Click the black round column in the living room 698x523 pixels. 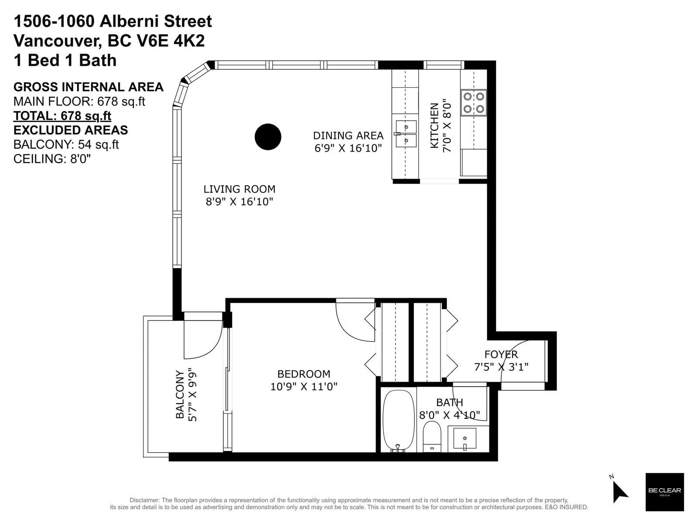coord(268,136)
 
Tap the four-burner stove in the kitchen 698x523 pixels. coord(473,102)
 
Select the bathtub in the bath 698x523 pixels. coord(398,421)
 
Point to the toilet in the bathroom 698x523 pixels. coord(432,436)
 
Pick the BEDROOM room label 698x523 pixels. coord(304,374)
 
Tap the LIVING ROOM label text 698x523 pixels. coord(240,189)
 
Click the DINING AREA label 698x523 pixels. coord(348,136)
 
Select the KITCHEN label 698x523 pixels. coord(434,126)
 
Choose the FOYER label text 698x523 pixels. coord(501,354)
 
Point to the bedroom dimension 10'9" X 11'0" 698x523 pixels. coord(304,387)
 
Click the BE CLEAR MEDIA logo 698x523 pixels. coord(664,492)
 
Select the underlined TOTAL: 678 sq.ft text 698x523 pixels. coord(62,116)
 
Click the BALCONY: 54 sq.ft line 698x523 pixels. coord(66,145)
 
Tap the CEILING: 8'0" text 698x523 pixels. coord(52,159)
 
